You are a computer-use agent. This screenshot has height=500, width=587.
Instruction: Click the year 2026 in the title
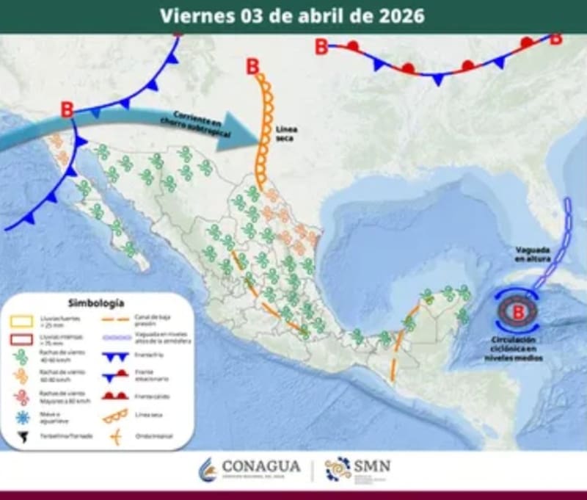tap(401, 15)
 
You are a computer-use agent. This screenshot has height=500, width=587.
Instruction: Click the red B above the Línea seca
tap(253, 67)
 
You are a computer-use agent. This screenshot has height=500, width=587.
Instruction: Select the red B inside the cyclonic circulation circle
tap(519, 311)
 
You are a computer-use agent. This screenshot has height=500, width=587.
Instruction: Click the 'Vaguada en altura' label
tap(531, 255)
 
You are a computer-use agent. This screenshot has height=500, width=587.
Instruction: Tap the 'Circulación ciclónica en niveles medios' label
tap(519, 349)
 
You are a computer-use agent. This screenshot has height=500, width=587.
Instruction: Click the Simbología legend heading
tap(95, 302)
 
